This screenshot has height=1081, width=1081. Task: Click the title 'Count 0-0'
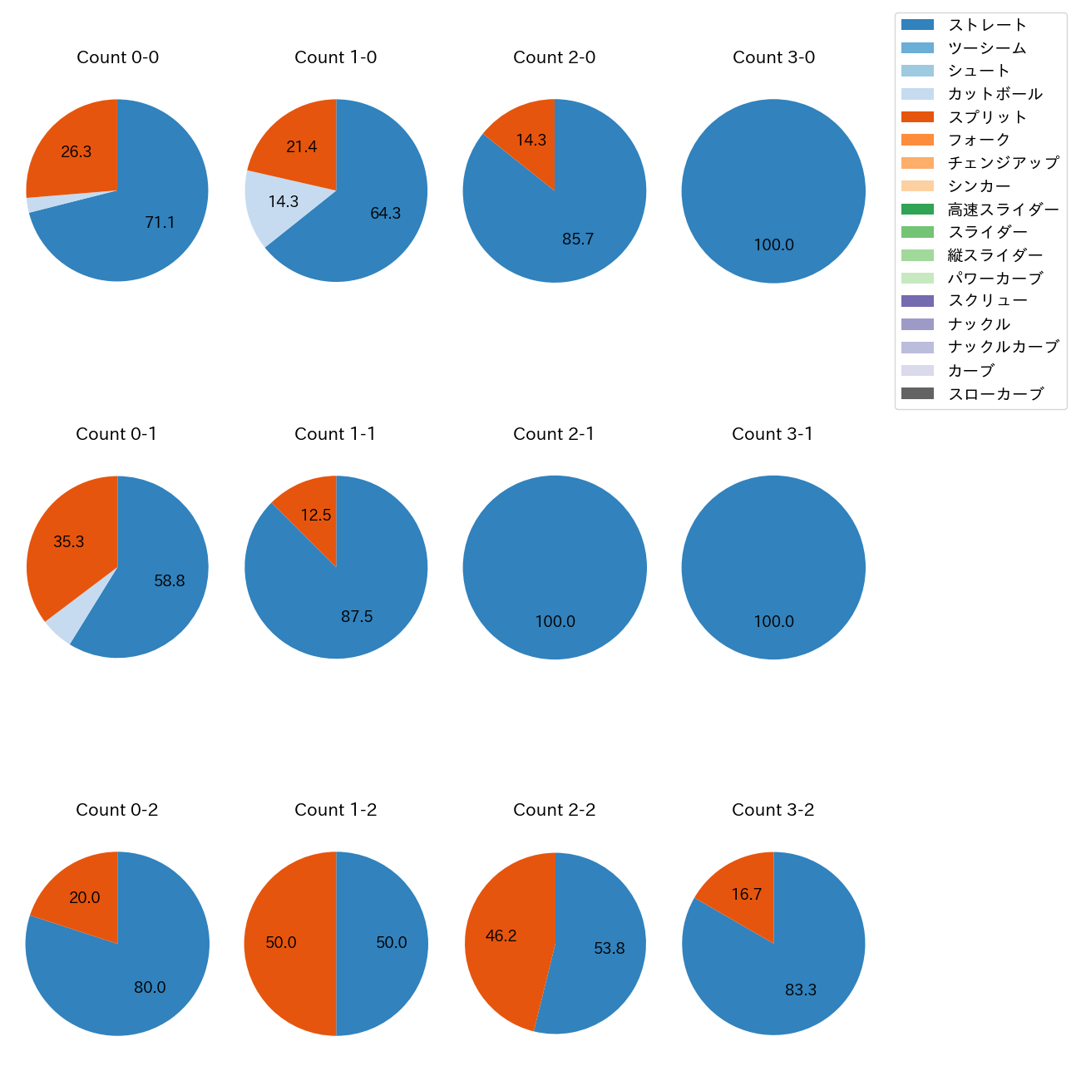117,57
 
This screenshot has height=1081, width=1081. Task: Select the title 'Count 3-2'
772,810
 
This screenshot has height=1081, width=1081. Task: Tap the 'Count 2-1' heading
554,434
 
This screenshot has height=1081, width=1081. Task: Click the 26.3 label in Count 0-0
77,151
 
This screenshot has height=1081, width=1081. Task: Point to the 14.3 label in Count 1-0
284,201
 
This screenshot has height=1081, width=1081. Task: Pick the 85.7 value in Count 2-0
578,239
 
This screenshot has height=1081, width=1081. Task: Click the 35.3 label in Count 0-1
69,541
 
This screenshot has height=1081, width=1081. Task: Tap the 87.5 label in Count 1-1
357,616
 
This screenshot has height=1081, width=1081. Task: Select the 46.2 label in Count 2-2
501,935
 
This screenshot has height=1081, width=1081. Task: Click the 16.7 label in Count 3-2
747,894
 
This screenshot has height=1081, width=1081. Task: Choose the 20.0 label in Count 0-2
85,897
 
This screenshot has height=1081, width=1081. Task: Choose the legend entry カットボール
995,94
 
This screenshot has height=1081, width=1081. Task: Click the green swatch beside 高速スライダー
917,210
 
